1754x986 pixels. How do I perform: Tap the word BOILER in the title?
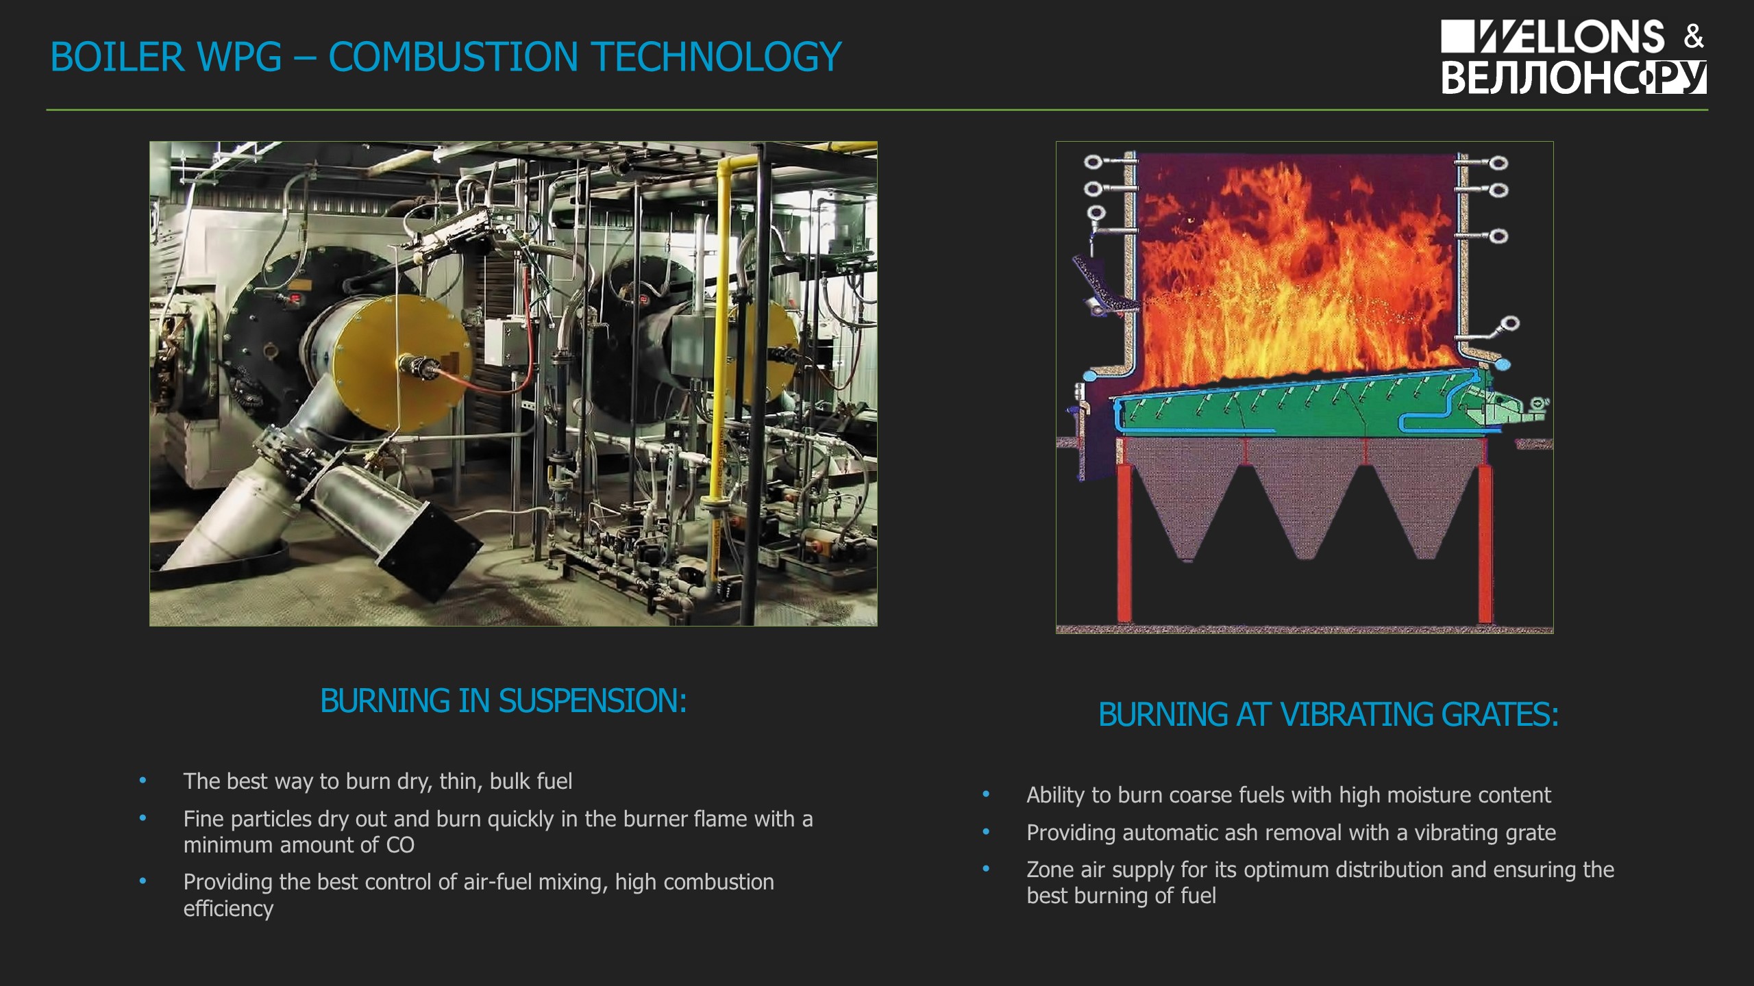pyautogui.click(x=117, y=56)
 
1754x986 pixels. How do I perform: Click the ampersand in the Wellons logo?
pyautogui.click(x=1694, y=37)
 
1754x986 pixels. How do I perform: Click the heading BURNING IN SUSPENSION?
pyautogui.click(x=504, y=700)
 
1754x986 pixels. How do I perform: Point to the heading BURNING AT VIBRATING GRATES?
pyautogui.click(x=1329, y=714)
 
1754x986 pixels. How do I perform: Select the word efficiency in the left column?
pyautogui.click(x=228, y=909)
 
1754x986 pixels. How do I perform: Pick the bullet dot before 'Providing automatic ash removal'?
pyautogui.click(x=987, y=832)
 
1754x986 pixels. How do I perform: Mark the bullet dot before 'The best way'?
pyautogui.click(x=143, y=781)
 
